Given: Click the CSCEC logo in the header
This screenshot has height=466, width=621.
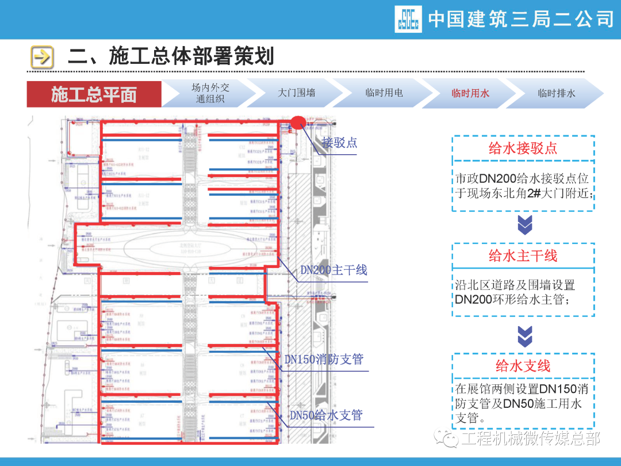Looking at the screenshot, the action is coord(408,19).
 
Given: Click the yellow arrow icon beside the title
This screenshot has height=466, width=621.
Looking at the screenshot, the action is coord(42,57).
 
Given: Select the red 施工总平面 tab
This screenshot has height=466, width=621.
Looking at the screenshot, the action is coord(94,94).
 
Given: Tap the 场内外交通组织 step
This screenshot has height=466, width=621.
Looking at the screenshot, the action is coord(210,93).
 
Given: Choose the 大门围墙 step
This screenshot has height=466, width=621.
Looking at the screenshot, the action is coord(296,93).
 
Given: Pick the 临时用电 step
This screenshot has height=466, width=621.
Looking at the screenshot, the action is coord(384,93).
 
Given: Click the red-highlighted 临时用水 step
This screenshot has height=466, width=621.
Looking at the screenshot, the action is coord(470,93).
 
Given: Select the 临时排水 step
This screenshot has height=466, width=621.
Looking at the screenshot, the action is coord(556,93).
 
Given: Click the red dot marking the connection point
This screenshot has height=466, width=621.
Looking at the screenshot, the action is coord(297,122).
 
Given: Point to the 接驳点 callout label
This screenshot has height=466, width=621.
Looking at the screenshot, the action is coord(339,143).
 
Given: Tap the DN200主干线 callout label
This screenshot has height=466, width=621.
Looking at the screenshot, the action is coord(333,270).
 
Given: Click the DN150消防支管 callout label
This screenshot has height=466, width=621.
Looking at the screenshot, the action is coord(324,360).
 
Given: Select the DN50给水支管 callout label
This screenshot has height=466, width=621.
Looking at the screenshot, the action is coord(326,415).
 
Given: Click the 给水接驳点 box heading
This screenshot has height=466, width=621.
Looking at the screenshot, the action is coord(523,148).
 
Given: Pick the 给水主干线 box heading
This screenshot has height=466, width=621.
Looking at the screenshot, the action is coord(523,255).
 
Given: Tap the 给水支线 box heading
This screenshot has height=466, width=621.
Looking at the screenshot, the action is coord(523,366).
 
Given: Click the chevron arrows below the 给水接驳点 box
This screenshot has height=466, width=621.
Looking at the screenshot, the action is coord(525,226).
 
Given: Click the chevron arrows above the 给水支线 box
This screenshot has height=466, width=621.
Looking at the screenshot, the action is coord(525,335).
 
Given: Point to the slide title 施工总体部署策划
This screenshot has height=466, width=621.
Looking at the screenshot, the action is coord(171,56).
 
